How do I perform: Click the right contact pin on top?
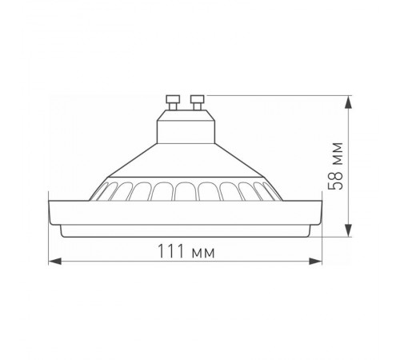click(x=195, y=101)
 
